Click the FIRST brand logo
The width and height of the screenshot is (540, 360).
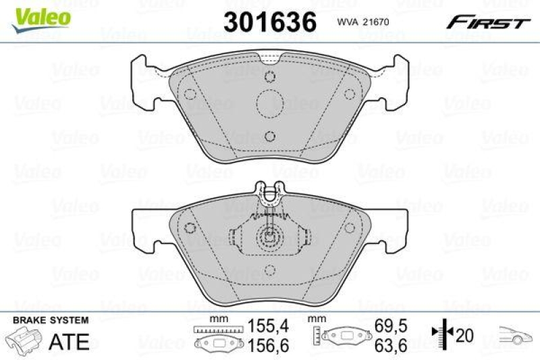tap(487, 23)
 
